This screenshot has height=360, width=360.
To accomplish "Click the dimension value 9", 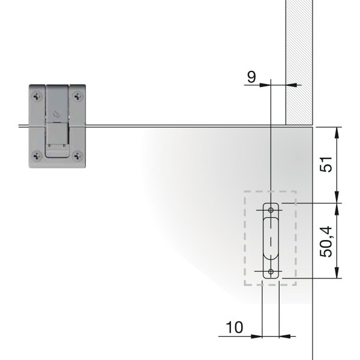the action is tap(251, 77).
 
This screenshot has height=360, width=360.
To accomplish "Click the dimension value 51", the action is tap(326, 164).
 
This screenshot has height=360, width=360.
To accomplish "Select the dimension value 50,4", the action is tap(326, 242).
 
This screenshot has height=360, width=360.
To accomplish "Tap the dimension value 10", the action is tap(235, 327).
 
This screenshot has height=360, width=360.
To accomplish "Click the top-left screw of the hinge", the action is tap(37, 97).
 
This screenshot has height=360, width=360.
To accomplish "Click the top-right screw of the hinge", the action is tap(78, 97).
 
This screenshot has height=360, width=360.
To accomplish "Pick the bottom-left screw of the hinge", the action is tap(37, 156).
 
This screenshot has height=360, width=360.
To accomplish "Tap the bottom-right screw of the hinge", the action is tap(78, 156).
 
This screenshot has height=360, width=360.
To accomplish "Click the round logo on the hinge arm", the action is tap(56, 114).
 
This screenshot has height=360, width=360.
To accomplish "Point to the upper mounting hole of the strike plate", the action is tap(271, 210).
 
